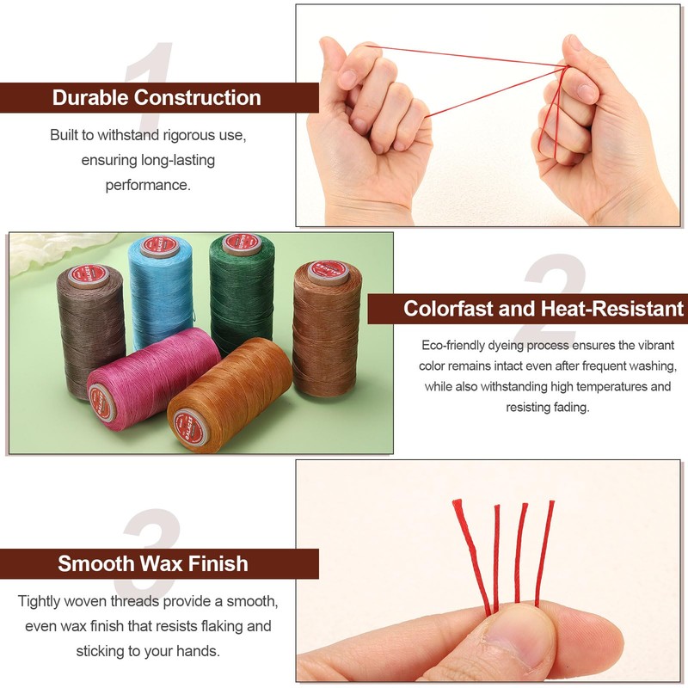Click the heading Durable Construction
[x=157, y=97]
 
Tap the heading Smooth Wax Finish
[x=153, y=564]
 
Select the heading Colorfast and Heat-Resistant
[x=544, y=309]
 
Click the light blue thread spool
[x=161, y=292]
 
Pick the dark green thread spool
[x=242, y=292]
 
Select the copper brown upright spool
[x=327, y=327]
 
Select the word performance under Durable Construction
[x=148, y=185]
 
